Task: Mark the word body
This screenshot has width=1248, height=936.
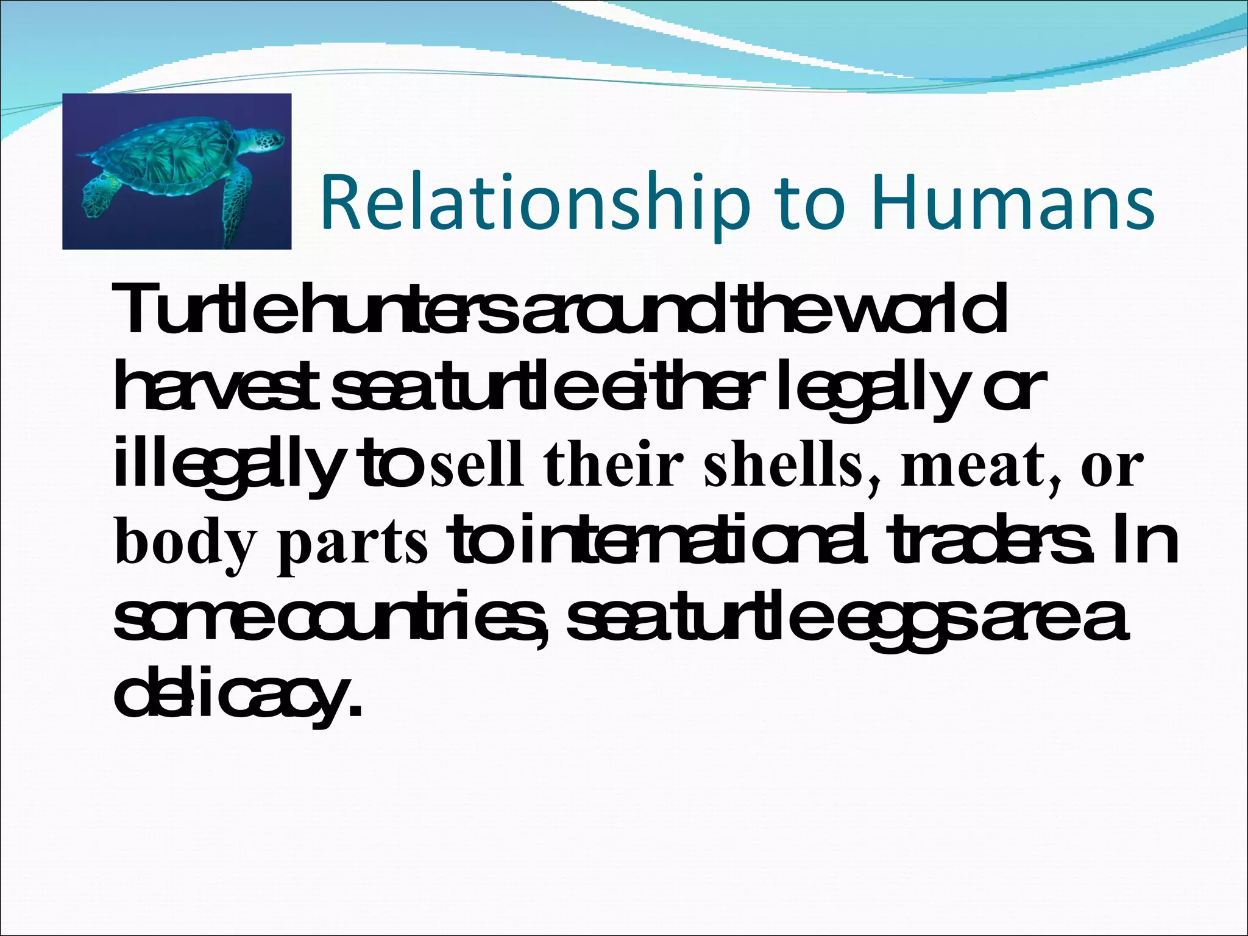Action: [x=183, y=542]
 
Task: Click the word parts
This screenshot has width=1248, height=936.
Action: [x=353, y=542]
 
